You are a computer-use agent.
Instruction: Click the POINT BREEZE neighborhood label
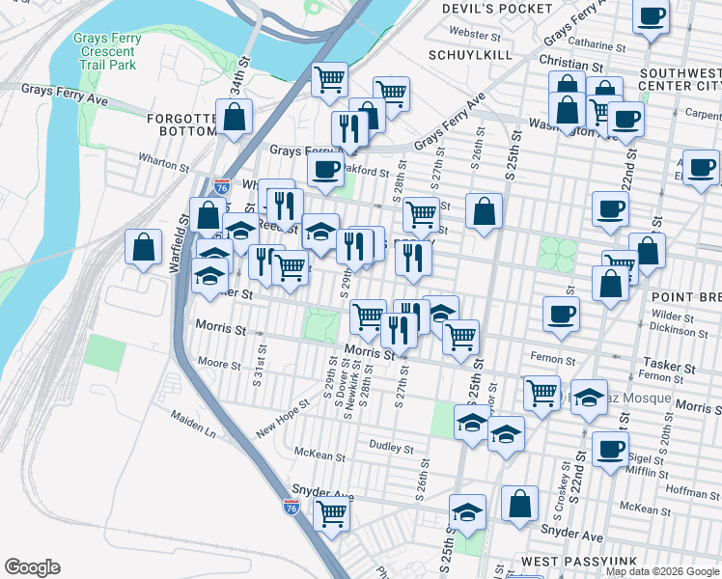pyautogui.click(x=685, y=293)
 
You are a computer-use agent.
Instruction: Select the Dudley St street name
pyautogui.click(x=391, y=448)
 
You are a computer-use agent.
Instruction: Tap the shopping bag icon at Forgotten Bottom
pyautogui.click(x=235, y=117)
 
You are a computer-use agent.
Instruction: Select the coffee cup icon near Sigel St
pyautogui.click(x=610, y=449)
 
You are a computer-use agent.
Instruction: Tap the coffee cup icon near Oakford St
pyautogui.click(x=325, y=169)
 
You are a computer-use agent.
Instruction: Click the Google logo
pyautogui.click(x=32, y=567)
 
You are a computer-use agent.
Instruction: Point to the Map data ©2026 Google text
pyautogui.click(x=662, y=571)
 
